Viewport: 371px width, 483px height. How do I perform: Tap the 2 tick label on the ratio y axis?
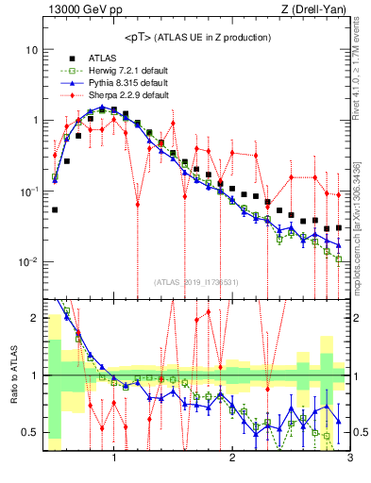(34, 318)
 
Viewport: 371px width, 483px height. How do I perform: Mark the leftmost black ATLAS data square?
(55, 209)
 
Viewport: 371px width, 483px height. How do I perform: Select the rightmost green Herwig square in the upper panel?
(339, 258)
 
